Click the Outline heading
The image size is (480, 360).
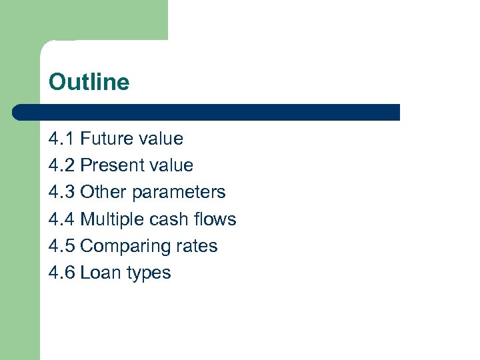(x=89, y=82)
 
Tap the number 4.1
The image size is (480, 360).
(x=61, y=139)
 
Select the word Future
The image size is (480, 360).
(x=107, y=139)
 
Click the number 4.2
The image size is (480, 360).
(x=61, y=165)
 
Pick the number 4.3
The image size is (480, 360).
(x=61, y=192)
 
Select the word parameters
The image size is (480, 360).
(x=179, y=193)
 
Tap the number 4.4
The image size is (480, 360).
(x=61, y=219)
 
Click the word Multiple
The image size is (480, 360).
(x=110, y=219)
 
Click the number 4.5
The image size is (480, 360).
(x=61, y=245)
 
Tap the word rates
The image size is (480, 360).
(x=197, y=246)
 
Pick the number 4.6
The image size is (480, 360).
(x=61, y=272)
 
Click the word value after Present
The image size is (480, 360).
(x=171, y=165)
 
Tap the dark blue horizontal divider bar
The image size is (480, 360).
(x=207, y=112)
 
